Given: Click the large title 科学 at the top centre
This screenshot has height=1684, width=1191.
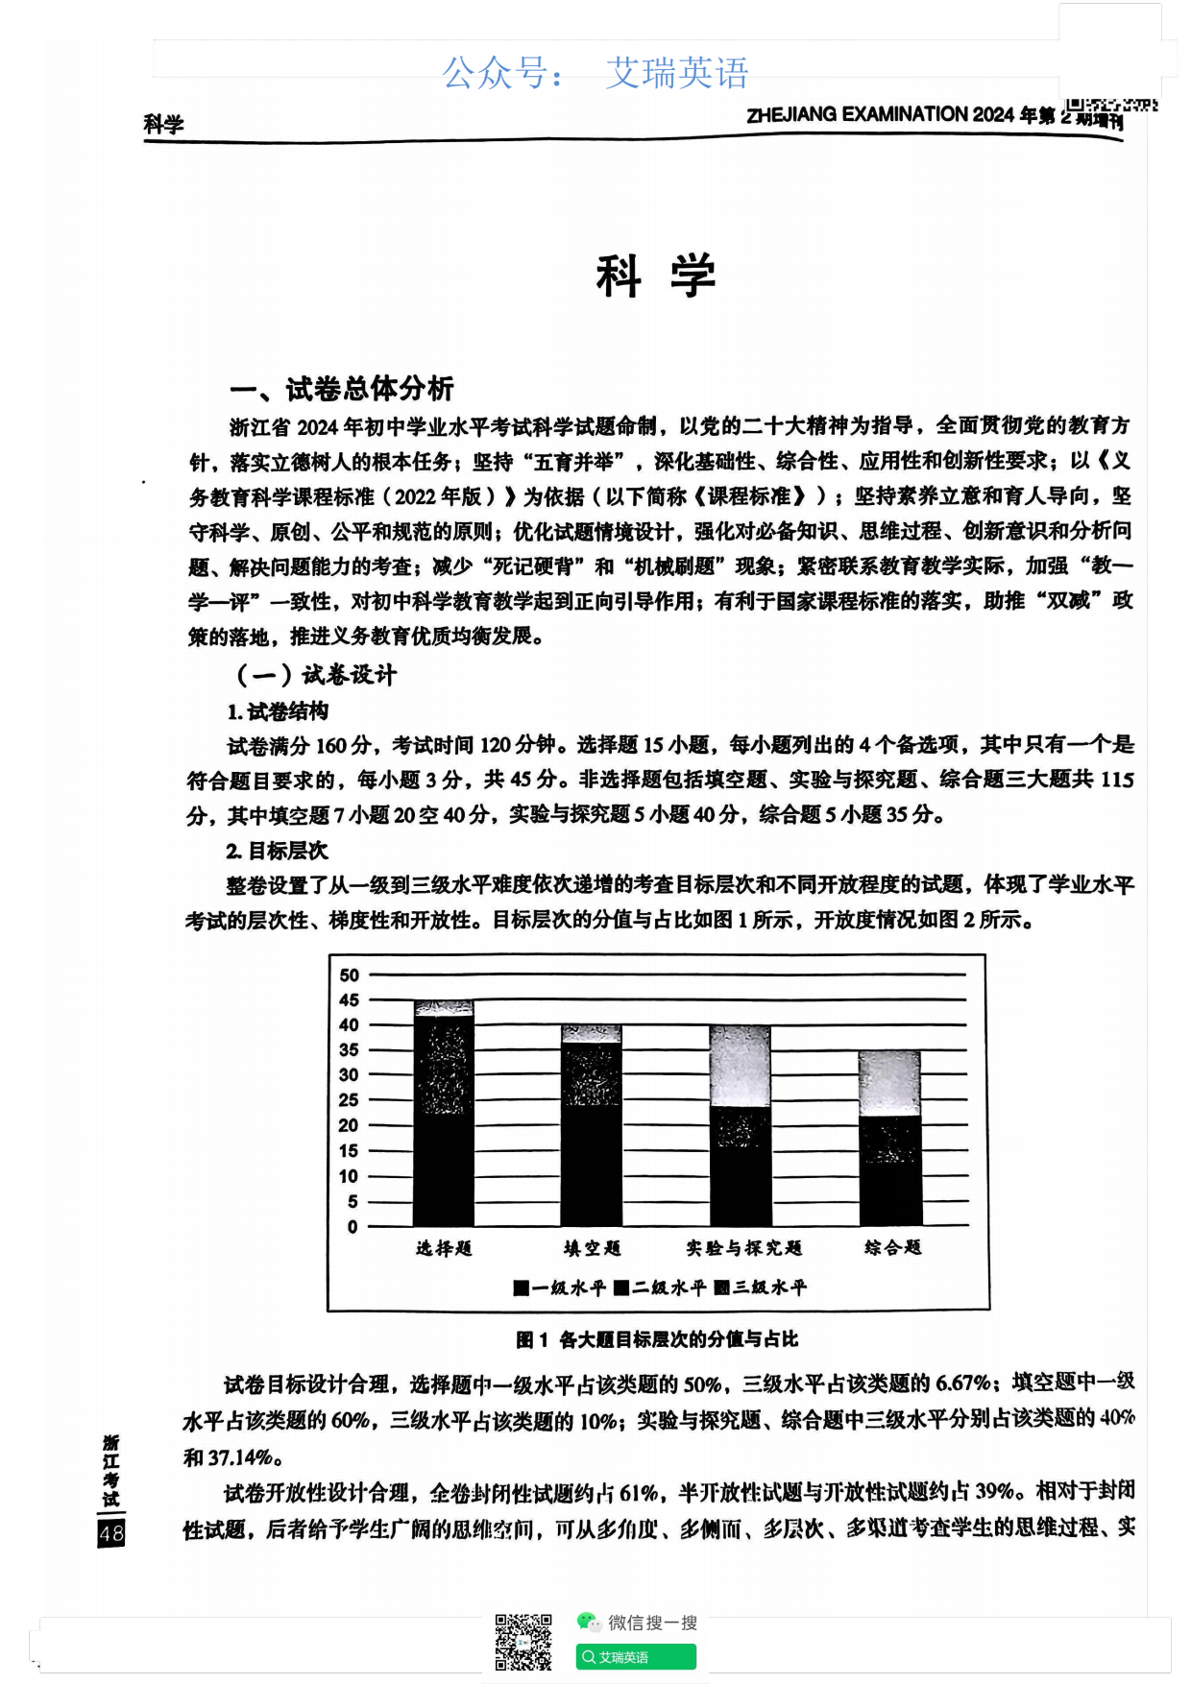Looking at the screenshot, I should point(655,277).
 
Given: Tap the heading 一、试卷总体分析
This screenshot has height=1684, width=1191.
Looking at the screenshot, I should point(341,389).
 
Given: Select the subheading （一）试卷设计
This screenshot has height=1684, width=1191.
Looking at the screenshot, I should point(316,675).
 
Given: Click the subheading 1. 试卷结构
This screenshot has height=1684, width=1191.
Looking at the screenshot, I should point(278,711).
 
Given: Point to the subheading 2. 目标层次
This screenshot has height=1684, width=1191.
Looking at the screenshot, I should point(277,851).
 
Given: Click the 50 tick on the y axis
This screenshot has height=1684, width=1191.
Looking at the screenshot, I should point(350,975).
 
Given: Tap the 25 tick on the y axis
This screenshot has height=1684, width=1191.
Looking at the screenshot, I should point(350,1100).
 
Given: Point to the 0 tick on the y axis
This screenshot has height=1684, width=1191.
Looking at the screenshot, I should point(352,1226).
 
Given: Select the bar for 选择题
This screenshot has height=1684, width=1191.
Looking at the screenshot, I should point(444,1114).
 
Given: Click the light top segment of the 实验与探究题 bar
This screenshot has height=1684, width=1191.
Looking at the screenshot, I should point(740,1066).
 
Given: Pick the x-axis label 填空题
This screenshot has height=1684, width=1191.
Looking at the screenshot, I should point(592,1248).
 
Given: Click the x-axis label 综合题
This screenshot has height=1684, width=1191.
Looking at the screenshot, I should point(892,1247).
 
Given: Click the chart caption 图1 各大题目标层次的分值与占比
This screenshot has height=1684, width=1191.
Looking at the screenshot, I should point(657,1339).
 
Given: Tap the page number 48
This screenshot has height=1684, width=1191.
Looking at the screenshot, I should point(111,1533).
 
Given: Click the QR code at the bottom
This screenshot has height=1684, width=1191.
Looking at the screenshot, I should point(523,1643).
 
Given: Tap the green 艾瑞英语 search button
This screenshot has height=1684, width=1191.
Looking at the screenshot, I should point(636,1657).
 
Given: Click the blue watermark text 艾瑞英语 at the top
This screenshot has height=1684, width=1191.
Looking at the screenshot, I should point(677,73).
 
